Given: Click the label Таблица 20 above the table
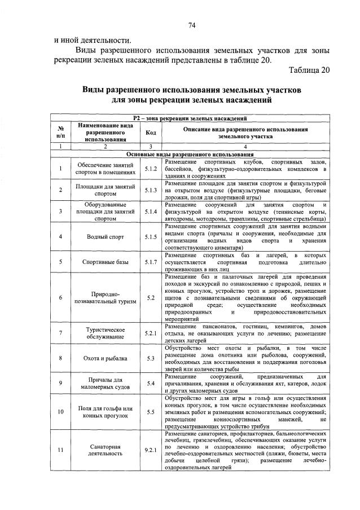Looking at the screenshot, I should pos(308,71).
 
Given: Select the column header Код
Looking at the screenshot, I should pos(151,133).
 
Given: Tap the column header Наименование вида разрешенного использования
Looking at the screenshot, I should pos(106,132).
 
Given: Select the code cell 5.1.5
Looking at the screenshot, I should pos(151,237).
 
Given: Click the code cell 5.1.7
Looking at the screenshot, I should pos(151,262).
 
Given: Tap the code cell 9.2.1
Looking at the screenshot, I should pos(151,450).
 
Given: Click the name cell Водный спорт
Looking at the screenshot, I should pos(106,237).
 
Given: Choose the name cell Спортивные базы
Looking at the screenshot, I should pos(106,262).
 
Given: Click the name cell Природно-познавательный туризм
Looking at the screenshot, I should pos(106,297).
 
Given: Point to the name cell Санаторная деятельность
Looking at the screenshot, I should pos(106,450).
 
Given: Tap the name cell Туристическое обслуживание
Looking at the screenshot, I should pos(106,333).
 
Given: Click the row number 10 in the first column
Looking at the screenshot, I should pos(60,411).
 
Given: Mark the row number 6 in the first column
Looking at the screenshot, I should pos(60,297).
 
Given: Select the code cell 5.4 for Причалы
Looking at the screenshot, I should pos(151,384).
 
